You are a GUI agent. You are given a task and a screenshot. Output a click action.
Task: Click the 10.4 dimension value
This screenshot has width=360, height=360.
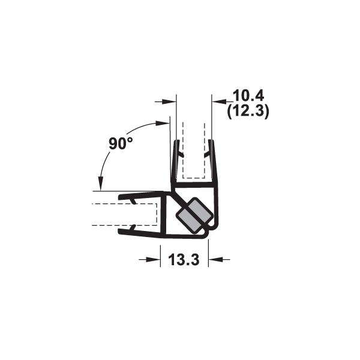point(248,95)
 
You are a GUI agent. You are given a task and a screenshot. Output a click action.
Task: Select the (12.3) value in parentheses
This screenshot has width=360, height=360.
point(248,112)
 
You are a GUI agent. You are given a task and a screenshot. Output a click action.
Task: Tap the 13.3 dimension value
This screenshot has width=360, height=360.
point(184,260)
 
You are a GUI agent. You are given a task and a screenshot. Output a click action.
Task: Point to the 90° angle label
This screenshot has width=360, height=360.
point(121,143)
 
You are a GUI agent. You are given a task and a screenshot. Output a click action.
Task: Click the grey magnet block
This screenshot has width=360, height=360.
point(194,215)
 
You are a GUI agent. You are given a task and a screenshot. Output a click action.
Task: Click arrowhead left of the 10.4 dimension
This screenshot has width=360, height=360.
point(169,101)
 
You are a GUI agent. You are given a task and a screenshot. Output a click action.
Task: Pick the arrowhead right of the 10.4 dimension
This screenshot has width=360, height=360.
point(219,101)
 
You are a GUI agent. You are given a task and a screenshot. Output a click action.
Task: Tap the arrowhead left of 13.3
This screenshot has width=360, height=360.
point(153,259)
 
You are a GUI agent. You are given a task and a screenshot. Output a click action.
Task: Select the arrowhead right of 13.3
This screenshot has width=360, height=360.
point(215,259)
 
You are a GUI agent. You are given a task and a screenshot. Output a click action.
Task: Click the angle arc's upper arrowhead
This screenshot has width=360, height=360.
point(163,123)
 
